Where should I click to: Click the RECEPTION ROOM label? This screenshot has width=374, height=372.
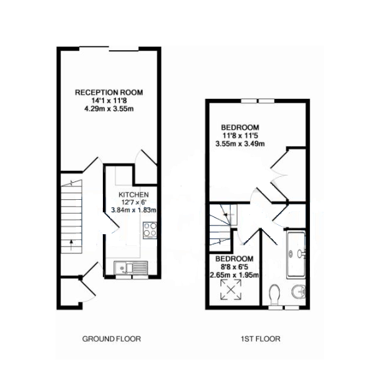[109, 92]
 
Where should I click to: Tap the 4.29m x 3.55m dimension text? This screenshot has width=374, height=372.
[109, 109]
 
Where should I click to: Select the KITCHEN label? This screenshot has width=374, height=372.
[133, 195]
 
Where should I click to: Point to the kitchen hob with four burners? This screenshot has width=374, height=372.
[150, 230]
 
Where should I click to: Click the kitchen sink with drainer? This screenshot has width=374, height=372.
[131, 268]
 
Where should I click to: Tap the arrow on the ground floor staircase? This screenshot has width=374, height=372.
[71, 245]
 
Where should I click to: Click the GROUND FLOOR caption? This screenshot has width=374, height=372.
[111, 339]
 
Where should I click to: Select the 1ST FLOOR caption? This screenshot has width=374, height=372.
[261, 339]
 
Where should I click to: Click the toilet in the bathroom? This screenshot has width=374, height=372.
[274, 294]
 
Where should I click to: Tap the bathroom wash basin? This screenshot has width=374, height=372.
[299, 292]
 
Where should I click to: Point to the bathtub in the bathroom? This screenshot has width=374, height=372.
[296, 255]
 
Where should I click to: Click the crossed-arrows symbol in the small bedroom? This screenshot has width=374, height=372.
[231, 290]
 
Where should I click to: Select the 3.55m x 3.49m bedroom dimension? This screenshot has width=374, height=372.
[240, 144]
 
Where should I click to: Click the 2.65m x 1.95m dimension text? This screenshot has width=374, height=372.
[234, 275]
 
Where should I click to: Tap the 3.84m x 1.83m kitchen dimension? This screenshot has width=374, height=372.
[134, 210]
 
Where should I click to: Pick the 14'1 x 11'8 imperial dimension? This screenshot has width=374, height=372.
[109, 101]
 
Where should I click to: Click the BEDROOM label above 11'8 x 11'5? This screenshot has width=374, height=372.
[240, 127]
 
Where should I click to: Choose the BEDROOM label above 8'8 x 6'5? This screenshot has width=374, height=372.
[234, 259]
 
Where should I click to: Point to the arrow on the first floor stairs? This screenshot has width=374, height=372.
[227, 215]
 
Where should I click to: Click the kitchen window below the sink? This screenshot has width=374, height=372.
[132, 277]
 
